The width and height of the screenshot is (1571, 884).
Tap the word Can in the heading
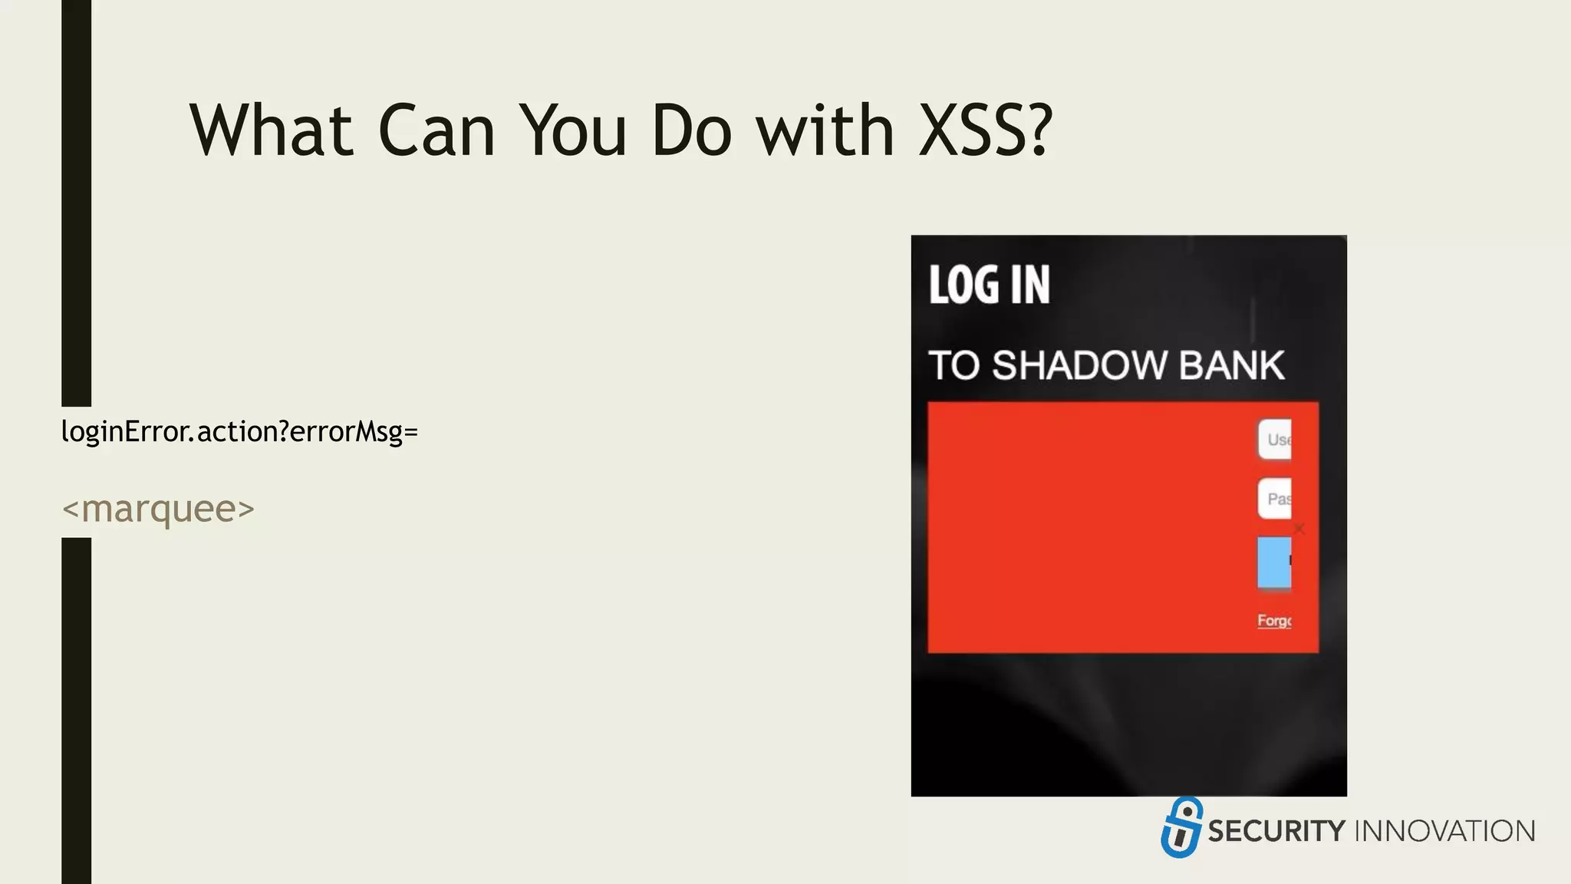[436, 130]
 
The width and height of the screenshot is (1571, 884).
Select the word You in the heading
[573, 130]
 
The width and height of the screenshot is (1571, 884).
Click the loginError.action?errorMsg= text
[239, 431]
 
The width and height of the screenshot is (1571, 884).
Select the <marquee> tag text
[158, 509]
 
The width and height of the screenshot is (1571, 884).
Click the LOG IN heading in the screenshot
[989, 285]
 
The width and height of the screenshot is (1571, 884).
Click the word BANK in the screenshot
[1231, 365]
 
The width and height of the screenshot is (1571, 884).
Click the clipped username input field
[1275, 440]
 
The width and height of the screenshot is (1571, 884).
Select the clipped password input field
[1275, 499]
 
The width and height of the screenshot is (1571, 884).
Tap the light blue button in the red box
[1274, 562]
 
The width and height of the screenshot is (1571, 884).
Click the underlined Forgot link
[1274, 620]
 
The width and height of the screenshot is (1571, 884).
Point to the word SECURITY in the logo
[1276, 831]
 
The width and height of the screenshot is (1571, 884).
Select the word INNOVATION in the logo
[1445, 831]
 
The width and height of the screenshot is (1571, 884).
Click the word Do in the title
[691, 130]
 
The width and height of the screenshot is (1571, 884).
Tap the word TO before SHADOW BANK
[954, 365]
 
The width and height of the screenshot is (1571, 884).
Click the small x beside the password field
[1299, 529]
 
